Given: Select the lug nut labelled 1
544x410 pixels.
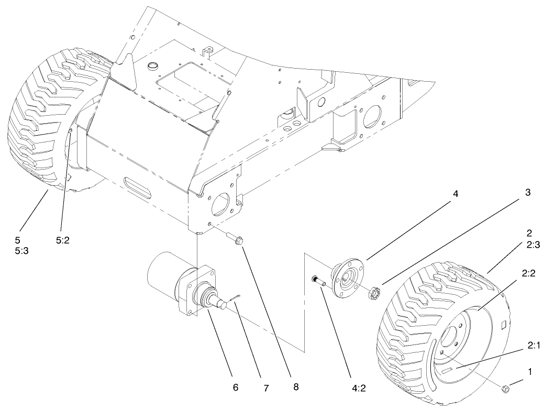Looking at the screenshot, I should (506, 389).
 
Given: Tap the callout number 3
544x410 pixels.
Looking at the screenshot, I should (527, 193).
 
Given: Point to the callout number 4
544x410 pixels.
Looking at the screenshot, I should (456, 194).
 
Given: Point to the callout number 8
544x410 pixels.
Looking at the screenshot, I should (296, 387).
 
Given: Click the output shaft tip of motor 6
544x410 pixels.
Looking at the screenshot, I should (229, 300).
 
